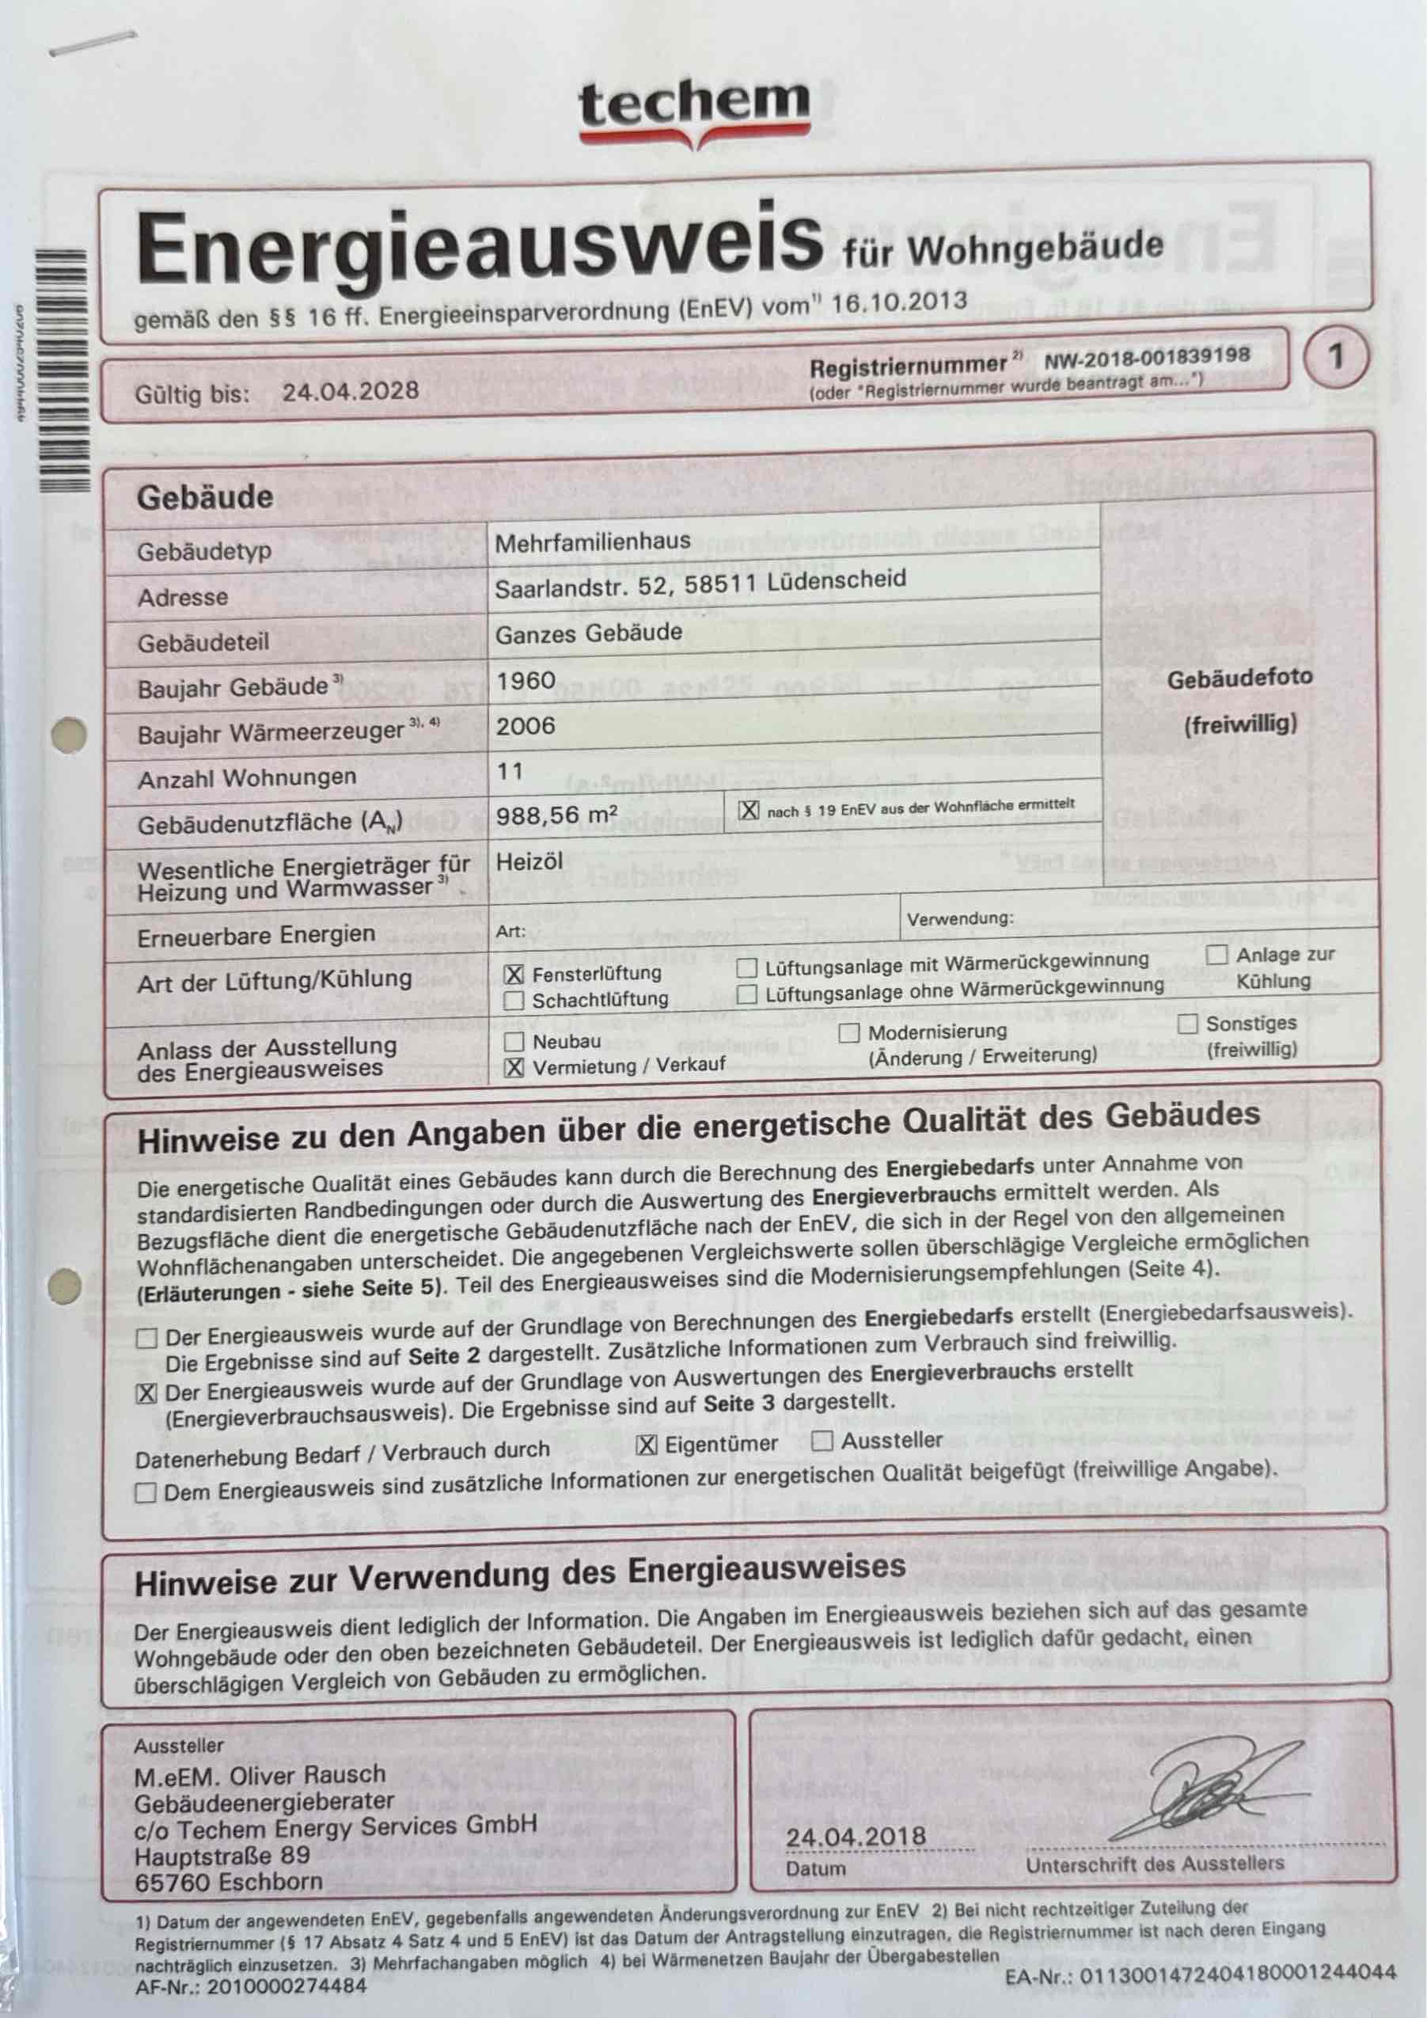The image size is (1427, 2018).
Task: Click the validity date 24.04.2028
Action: (350, 390)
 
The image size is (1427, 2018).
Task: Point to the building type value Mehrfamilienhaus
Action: (592, 542)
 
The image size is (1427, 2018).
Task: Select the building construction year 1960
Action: (526, 680)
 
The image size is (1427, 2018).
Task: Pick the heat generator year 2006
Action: (526, 726)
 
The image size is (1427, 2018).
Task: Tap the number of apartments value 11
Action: (510, 772)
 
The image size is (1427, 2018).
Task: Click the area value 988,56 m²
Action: (556, 815)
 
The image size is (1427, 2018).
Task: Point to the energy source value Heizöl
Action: (529, 861)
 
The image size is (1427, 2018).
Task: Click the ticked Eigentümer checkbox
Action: (647, 1445)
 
